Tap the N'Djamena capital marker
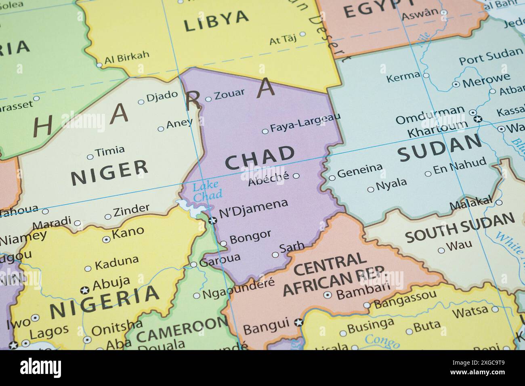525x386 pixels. pyautogui.click(x=212, y=220)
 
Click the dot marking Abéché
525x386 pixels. pyautogui.click(x=296, y=176)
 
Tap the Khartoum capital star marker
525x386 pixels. pyautogui.click(x=478, y=119)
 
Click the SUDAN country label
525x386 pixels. pyautogui.click(x=440, y=148)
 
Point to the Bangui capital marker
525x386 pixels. pyautogui.click(x=299, y=322)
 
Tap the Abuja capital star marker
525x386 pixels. pyautogui.click(x=85, y=290)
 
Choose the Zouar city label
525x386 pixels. pyautogui.click(x=229, y=94)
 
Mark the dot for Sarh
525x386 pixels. pyautogui.click(x=275, y=255)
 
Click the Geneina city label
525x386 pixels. pyautogui.click(x=359, y=170)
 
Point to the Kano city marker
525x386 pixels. pyautogui.click(x=106, y=239)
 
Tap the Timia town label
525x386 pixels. pyautogui.click(x=110, y=151)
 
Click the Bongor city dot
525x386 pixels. pyautogui.click(x=223, y=243)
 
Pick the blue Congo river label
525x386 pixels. pyautogui.click(x=382, y=342)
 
